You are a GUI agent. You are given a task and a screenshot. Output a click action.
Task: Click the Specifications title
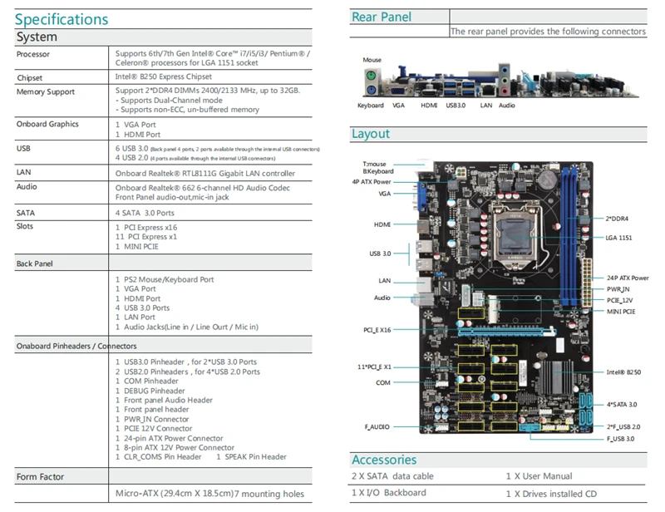(62, 18)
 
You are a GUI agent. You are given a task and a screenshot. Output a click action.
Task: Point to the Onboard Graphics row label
(47, 124)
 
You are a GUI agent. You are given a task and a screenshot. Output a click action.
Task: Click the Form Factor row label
(40, 477)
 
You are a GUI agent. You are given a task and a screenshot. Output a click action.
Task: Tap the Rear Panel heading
(382, 17)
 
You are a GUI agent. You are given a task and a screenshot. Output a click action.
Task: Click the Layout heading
(371, 134)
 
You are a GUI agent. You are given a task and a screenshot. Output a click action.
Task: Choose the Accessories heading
(384, 460)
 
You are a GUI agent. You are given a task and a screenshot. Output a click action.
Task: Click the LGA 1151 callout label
(619, 237)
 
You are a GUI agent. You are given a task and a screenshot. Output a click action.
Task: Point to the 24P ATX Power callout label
(628, 278)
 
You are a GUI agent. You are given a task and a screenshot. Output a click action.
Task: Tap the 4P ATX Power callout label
(372, 181)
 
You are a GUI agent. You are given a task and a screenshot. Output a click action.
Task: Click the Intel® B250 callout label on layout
(624, 372)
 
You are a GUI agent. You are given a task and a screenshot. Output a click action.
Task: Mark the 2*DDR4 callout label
(617, 218)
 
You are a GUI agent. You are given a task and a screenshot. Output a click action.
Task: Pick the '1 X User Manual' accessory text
(539, 476)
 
